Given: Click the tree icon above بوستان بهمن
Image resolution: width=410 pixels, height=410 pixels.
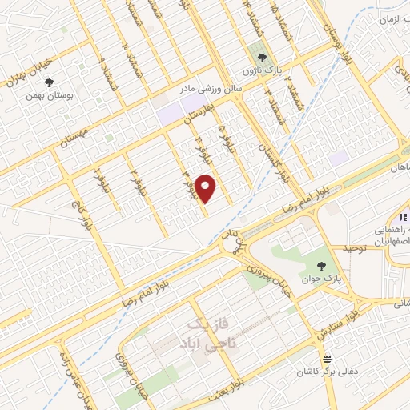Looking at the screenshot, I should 49,82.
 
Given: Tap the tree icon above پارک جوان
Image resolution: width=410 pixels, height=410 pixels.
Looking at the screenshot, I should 320,267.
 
